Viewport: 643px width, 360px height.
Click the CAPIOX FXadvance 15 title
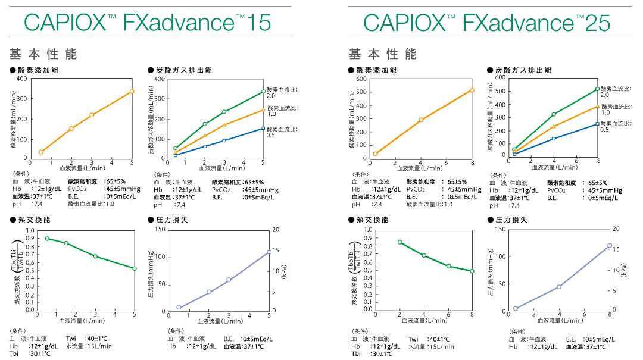coord(148,23)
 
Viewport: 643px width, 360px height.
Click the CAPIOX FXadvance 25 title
coord(486,23)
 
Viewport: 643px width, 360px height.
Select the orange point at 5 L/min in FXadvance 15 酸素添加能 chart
coord(132,92)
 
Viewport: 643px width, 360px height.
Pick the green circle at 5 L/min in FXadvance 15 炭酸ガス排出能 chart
coord(263,92)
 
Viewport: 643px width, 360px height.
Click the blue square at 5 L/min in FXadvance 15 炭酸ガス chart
coord(263,128)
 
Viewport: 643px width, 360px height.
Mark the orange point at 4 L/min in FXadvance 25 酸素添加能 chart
coord(421,120)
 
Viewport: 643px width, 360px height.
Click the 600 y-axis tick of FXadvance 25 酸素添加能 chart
coord(360,79)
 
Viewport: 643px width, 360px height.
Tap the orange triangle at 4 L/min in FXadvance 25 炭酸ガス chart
coord(554,126)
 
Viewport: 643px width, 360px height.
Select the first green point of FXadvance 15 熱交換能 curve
coord(47,239)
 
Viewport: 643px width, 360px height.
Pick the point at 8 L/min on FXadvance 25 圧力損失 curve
coord(610,246)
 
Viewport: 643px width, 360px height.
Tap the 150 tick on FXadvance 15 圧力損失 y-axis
coord(159,230)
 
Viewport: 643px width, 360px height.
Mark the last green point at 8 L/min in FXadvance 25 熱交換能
coord(472,271)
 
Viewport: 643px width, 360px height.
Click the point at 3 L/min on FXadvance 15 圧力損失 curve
coord(229,280)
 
